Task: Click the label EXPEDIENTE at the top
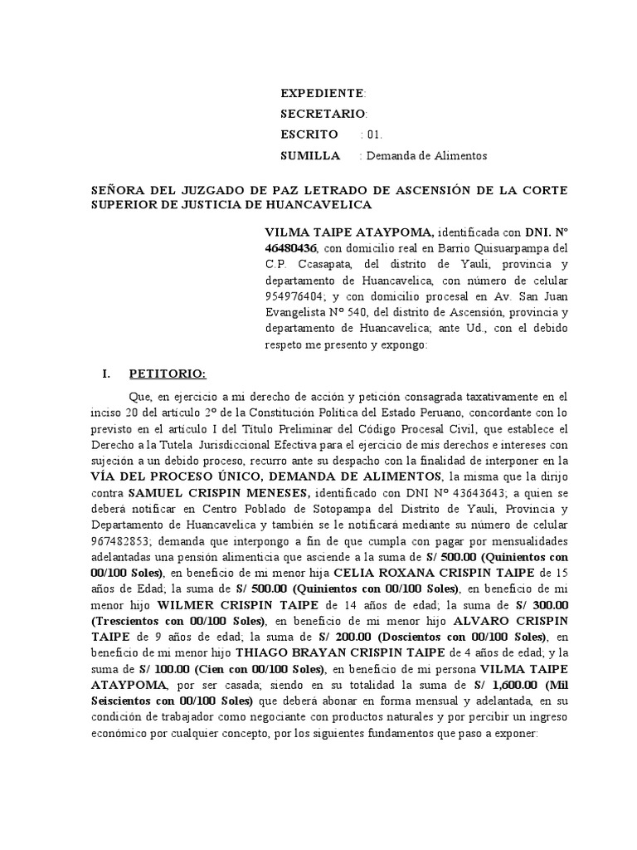[x=322, y=92]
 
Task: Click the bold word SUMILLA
[x=310, y=155]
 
